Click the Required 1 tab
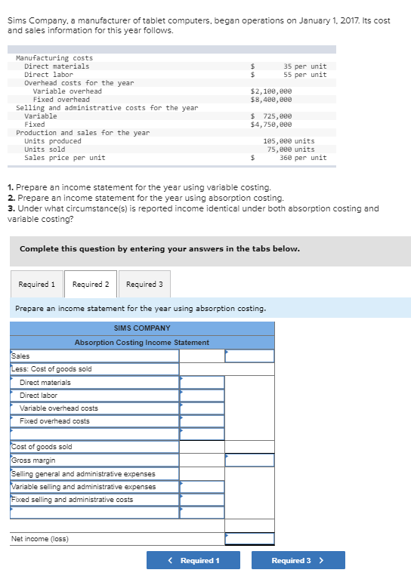pyautogui.click(x=37, y=285)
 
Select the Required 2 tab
pyautogui.click(x=91, y=285)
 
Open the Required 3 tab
pyautogui.click(x=144, y=285)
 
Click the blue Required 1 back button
pyautogui.click(x=193, y=560)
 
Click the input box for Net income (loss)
pyautogui.click(x=249, y=538)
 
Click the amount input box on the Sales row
pyautogui.click(x=249, y=356)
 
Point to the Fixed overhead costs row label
pyautogui.click(x=54, y=421)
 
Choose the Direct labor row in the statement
pyautogui.click(x=39, y=396)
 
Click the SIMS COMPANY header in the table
pyautogui.click(x=142, y=328)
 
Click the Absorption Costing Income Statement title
pyautogui.click(x=142, y=343)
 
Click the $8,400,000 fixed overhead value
pyautogui.click(x=270, y=100)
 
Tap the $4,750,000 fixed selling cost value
pyautogui.click(x=270, y=125)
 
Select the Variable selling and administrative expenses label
pyautogui.click(x=84, y=487)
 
